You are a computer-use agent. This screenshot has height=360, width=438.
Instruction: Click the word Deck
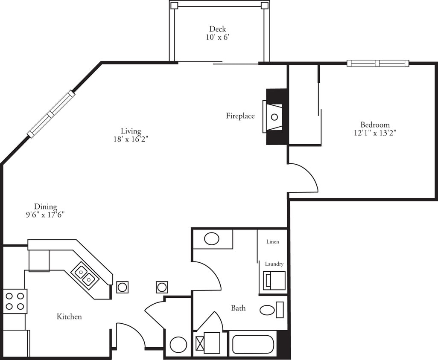coord(217,29)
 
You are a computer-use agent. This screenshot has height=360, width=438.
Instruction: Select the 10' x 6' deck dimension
coord(217,37)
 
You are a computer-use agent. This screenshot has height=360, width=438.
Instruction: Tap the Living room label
coord(131,131)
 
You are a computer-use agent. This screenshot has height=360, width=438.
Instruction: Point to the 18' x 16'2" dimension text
coord(131,139)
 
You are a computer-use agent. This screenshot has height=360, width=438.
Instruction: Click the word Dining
coord(45,206)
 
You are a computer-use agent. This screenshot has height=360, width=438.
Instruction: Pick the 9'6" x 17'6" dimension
coord(45,215)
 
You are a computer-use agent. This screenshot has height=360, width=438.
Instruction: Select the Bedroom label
coord(375,125)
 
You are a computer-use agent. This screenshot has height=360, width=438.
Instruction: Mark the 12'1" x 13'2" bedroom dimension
coord(375,133)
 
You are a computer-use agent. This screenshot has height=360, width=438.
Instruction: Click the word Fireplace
coord(240,116)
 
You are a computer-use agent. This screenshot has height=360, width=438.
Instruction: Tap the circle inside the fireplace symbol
coord(274,117)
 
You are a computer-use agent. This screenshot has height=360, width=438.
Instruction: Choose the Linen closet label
coord(273,242)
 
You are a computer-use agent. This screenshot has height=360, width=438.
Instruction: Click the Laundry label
coord(274,264)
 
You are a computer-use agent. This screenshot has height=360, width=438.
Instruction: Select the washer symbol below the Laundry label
coord(274,281)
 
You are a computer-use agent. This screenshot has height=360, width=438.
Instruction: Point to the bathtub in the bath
coord(252,344)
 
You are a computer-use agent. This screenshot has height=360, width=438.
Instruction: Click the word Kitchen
coord(69,316)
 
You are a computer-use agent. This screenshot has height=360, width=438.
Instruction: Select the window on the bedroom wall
coord(378,64)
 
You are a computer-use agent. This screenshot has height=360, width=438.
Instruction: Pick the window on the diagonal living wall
coord(51,114)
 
